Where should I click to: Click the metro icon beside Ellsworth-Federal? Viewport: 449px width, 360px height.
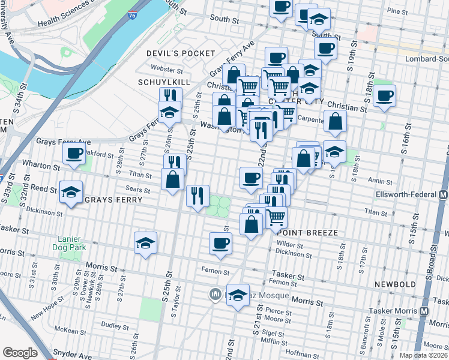(443, 195)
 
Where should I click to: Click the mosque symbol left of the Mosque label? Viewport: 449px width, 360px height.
(214, 295)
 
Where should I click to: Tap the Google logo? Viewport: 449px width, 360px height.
(20, 353)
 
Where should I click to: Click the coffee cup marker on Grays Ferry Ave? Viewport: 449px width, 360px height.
(74, 154)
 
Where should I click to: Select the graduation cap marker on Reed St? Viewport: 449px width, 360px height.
(71, 193)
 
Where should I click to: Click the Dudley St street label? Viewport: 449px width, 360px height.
(112, 325)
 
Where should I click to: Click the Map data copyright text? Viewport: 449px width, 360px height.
(424, 355)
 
